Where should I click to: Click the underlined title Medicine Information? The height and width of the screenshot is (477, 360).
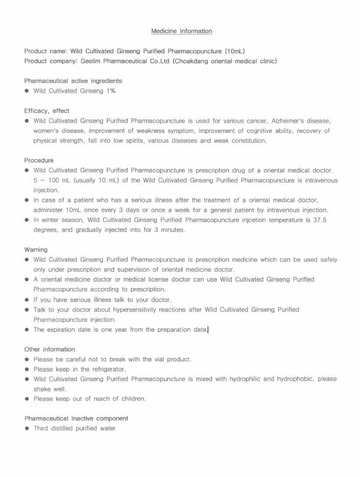(181, 31)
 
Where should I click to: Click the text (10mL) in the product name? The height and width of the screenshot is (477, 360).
(235, 51)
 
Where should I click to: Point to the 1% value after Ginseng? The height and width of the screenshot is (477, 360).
(111, 91)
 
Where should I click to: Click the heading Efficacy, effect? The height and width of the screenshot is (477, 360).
(47, 111)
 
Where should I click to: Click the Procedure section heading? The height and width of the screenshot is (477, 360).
(39, 160)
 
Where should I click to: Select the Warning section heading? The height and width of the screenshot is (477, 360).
(36, 250)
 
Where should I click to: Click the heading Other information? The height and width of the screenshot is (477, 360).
(50, 349)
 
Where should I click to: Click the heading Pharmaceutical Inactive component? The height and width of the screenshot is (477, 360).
(76, 418)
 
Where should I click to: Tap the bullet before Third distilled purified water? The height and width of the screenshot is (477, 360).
(27, 429)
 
